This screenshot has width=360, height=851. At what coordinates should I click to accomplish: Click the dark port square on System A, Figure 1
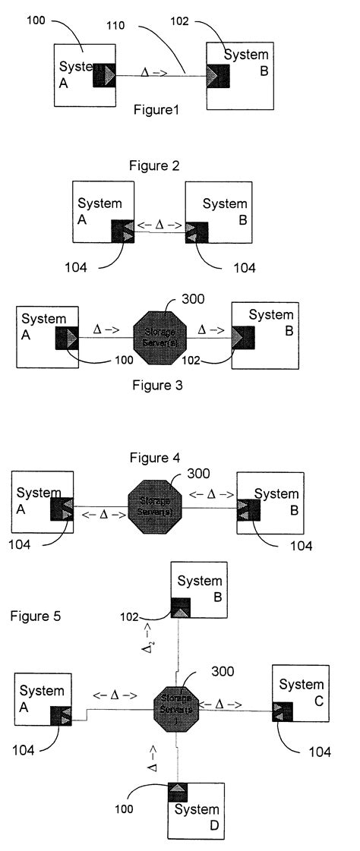[x=103, y=75]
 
